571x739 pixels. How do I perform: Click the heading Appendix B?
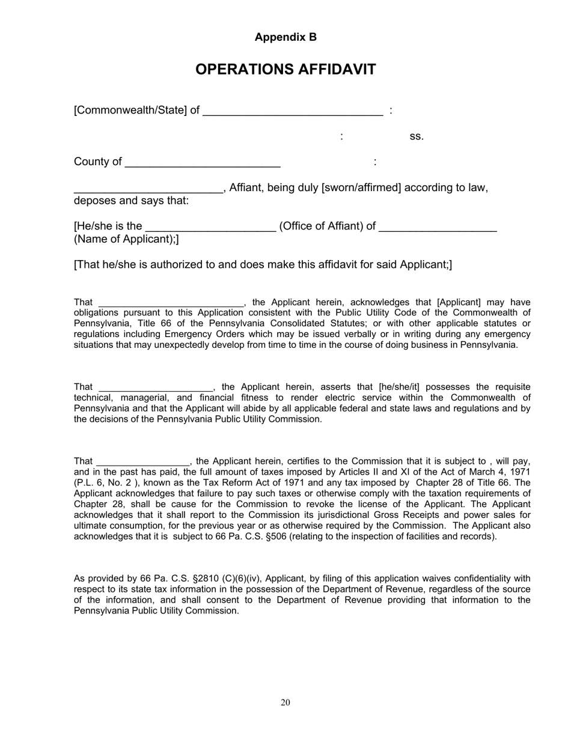coord(285,37)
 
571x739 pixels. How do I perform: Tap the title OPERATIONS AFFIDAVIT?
coord(285,70)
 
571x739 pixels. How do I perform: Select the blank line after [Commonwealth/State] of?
coord(293,112)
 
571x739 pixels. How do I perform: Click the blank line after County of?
coord(203,163)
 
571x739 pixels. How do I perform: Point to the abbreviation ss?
coord(417,136)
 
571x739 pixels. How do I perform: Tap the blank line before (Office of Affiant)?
coord(210,228)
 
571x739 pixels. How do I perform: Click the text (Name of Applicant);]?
coord(126,240)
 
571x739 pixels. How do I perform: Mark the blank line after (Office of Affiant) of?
coord(438,228)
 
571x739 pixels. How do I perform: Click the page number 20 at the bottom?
coord(285,703)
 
